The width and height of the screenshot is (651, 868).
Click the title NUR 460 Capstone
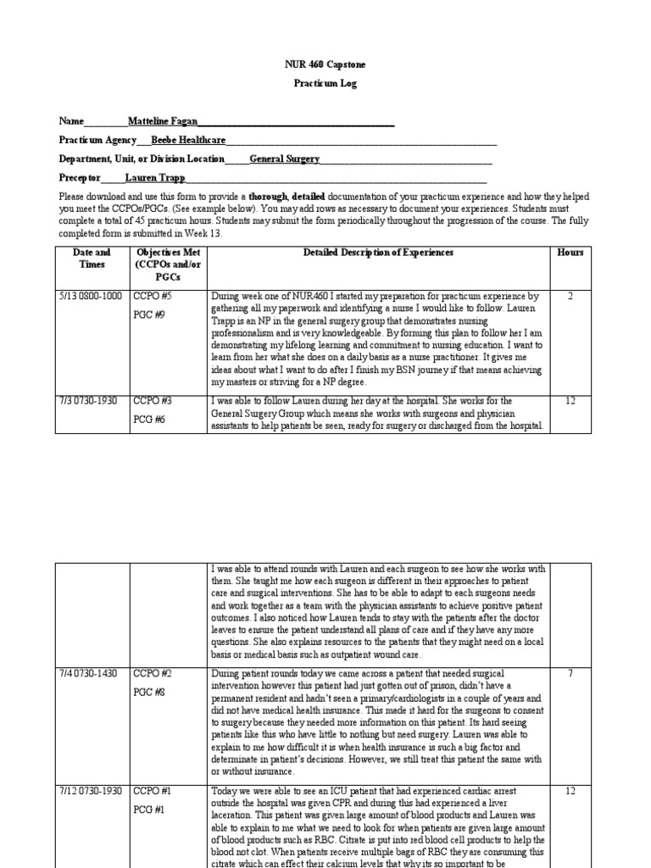[325, 64]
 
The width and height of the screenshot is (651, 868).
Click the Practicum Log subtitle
[325, 84]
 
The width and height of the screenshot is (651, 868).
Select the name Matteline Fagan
[162, 121]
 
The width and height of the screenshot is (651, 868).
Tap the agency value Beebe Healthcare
[188, 140]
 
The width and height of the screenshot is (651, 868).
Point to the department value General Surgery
[284, 159]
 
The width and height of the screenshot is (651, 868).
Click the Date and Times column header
[92, 259]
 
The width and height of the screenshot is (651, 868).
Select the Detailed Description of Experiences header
[378, 253]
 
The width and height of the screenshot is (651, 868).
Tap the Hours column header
[570, 253]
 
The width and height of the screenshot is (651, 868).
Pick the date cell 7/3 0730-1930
[89, 400]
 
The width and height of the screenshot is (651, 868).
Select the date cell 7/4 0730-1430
[89, 673]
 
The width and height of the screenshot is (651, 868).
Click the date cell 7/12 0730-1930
[92, 790]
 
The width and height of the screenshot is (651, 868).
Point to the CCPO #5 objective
[153, 297]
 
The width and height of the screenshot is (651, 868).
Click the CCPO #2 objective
[153, 673]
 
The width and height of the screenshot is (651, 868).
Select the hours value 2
[570, 297]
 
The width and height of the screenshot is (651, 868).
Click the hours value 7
[570, 673]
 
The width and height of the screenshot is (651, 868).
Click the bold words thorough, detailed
[288, 196]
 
